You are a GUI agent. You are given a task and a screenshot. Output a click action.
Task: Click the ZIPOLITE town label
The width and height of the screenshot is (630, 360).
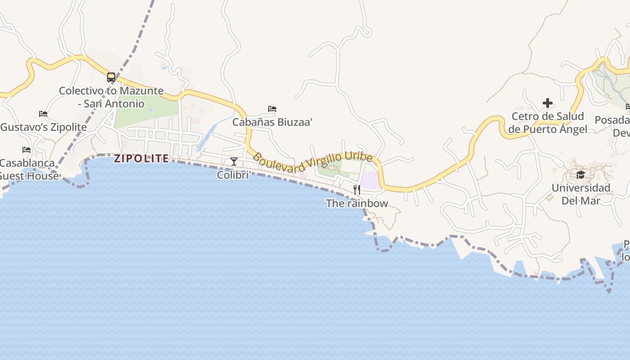point(141,158)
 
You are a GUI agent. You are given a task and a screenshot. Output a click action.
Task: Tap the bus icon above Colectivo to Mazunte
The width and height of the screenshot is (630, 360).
point(111,77)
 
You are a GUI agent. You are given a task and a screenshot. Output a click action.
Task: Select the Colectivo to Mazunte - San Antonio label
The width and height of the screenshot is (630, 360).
point(111,97)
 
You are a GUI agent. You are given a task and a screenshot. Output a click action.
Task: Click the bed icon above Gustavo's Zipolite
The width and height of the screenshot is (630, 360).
point(43,114)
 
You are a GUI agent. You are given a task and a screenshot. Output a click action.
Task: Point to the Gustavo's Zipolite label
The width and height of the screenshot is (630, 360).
point(44,127)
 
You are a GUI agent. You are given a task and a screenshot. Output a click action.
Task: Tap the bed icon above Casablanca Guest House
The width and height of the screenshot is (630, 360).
point(27,150)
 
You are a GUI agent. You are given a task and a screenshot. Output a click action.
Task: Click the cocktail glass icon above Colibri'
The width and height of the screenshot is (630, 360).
point(234,162)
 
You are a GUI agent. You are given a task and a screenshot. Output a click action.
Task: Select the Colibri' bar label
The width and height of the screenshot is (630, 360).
point(234,175)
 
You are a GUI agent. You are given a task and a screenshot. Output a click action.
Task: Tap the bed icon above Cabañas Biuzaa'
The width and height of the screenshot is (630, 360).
point(272,109)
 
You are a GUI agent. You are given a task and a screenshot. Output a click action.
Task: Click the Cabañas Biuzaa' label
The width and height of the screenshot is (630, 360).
point(272,122)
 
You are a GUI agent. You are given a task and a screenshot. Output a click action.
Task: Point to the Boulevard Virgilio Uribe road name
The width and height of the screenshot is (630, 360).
point(313,163)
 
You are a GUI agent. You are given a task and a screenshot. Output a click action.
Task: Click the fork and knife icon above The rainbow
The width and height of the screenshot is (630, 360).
point(356,189)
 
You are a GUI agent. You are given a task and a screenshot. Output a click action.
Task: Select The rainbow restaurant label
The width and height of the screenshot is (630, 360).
point(357,203)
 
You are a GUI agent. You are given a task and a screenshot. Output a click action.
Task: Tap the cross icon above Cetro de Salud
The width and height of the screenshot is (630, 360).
point(548,103)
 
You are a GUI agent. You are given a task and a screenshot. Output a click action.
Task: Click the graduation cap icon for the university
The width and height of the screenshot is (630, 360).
point(580,175)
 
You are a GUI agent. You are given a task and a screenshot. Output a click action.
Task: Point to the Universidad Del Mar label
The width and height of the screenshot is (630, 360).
point(581,194)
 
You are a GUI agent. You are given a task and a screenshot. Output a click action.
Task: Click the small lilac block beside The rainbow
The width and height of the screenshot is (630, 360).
point(370,180)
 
